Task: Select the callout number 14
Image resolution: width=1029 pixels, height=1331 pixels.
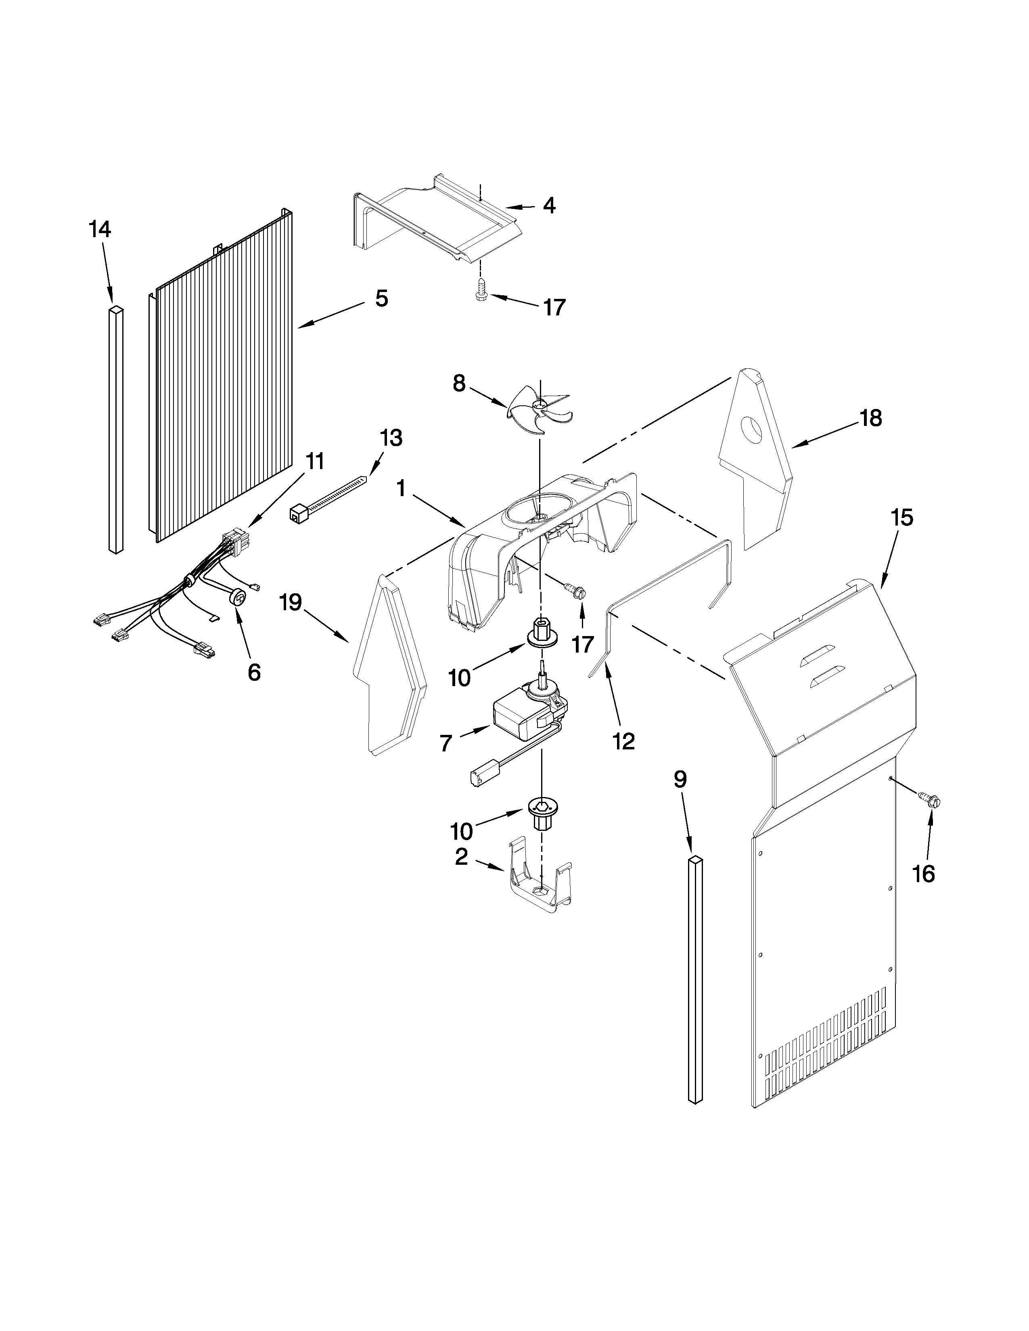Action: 100,230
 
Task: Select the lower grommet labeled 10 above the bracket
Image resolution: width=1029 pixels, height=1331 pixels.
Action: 538,816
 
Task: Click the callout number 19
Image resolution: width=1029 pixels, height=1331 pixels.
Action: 291,603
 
